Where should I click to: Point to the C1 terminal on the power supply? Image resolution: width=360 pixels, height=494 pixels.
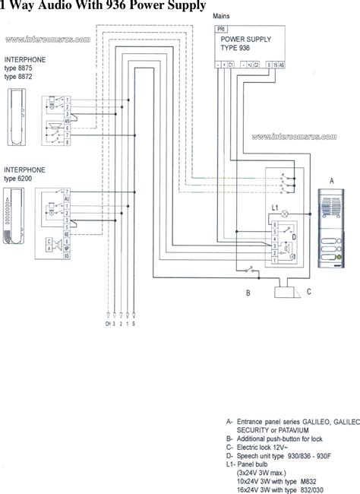230,65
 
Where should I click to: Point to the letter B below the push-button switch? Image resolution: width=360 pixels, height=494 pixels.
247,293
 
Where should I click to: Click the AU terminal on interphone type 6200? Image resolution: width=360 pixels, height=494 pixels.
68,200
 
